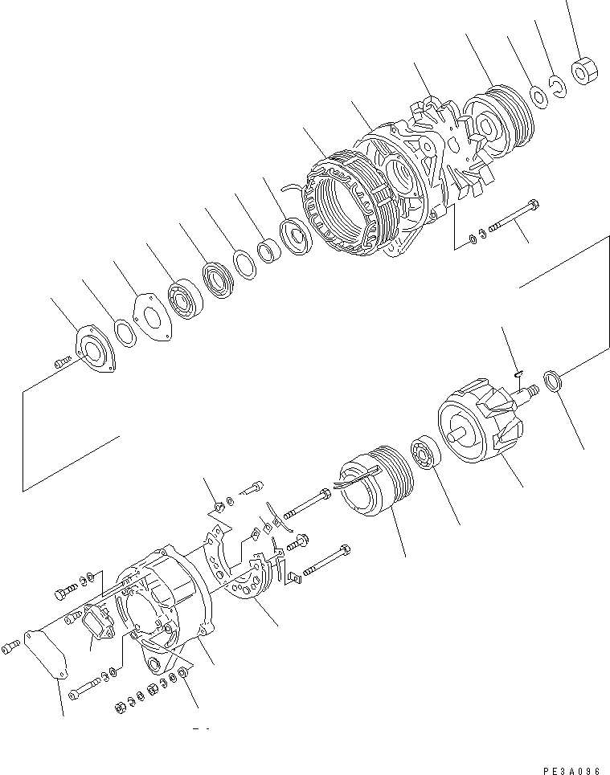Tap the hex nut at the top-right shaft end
pyautogui.click(x=583, y=72)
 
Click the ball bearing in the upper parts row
pyautogui.click(x=189, y=299)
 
